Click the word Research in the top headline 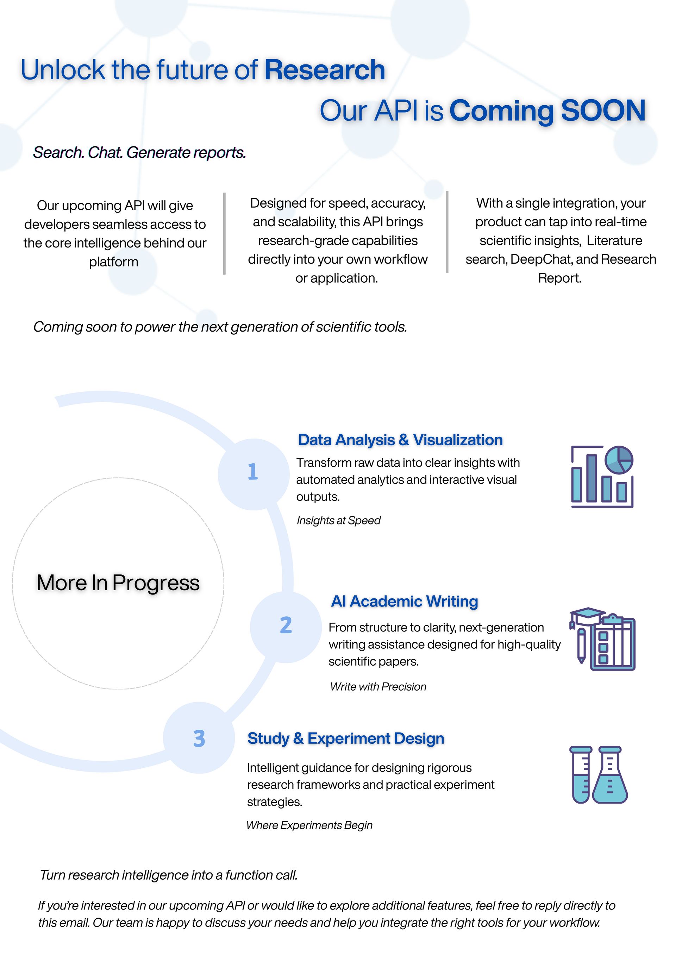325,70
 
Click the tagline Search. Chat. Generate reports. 139,152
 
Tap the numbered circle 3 199,738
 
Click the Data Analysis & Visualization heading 400,440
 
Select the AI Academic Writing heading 405,601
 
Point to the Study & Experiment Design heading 346,738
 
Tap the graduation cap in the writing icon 587,614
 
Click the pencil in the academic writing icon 581,646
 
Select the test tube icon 581,774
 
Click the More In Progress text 118,583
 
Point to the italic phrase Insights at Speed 338,521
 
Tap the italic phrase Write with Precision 378,687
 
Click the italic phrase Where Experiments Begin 309,825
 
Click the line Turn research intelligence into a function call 169,875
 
